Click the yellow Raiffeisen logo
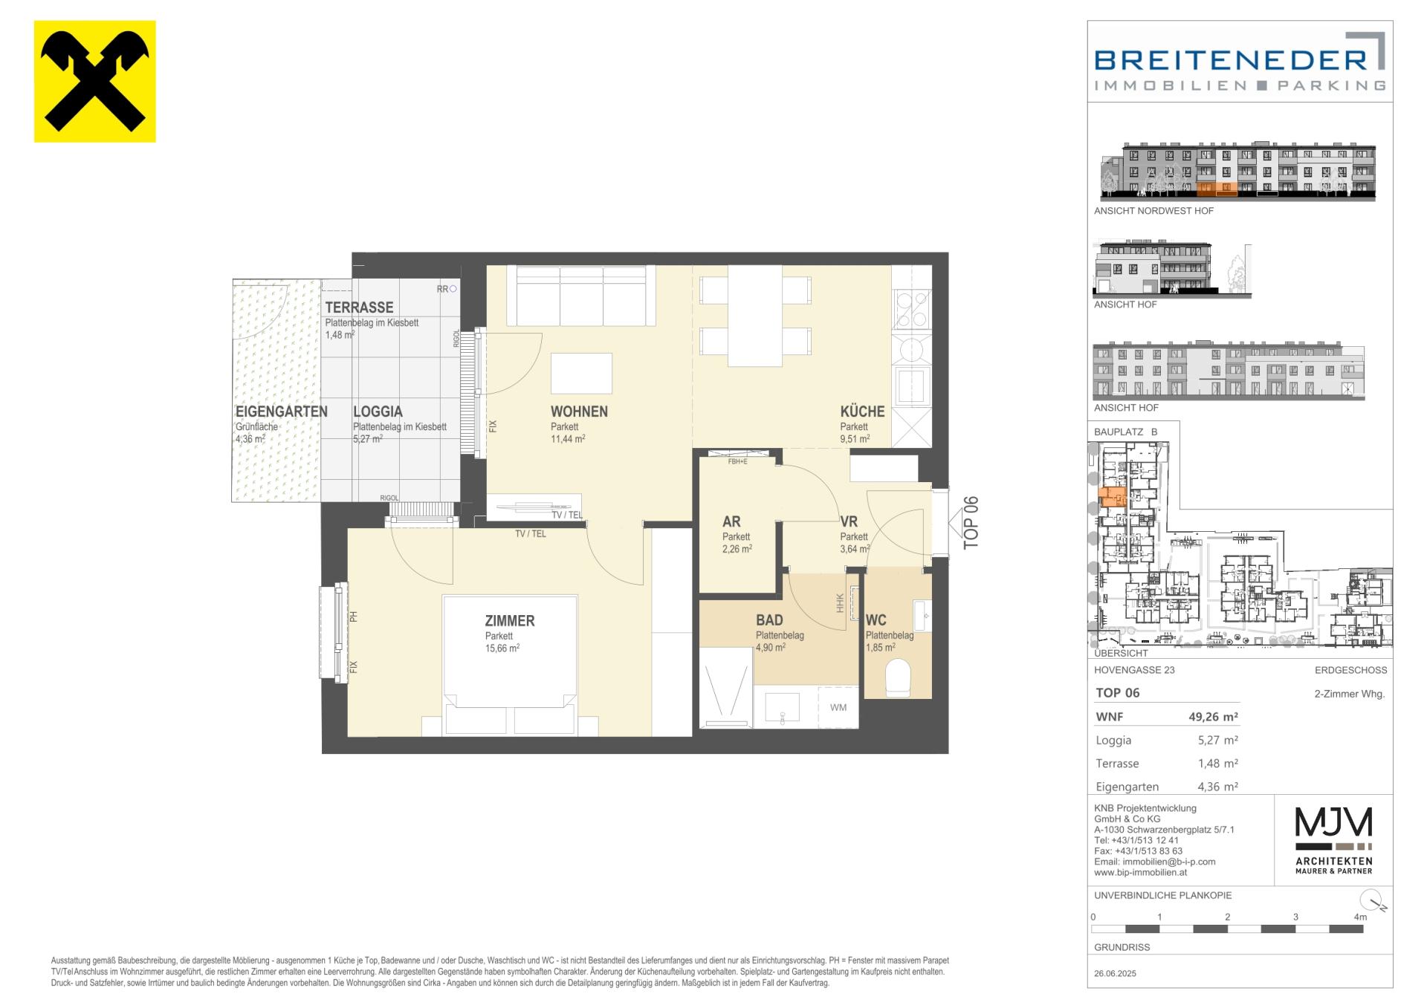click(95, 81)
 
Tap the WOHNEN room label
click(579, 412)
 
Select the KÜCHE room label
click(862, 412)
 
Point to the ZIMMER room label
click(510, 621)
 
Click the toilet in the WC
click(898, 678)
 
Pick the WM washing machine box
click(838, 707)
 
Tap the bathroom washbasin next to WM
click(782, 708)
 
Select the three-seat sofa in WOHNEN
click(581, 296)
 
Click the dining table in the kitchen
click(755, 316)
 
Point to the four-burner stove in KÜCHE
click(912, 310)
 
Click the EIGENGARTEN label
click(282, 412)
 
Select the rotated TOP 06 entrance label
click(971, 523)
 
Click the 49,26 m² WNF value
click(1213, 718)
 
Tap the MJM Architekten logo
click(1334, 839)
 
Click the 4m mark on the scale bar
click(1360, 917)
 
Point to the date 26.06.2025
click(1115, 974)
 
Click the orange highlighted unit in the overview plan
click(1113, 497)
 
